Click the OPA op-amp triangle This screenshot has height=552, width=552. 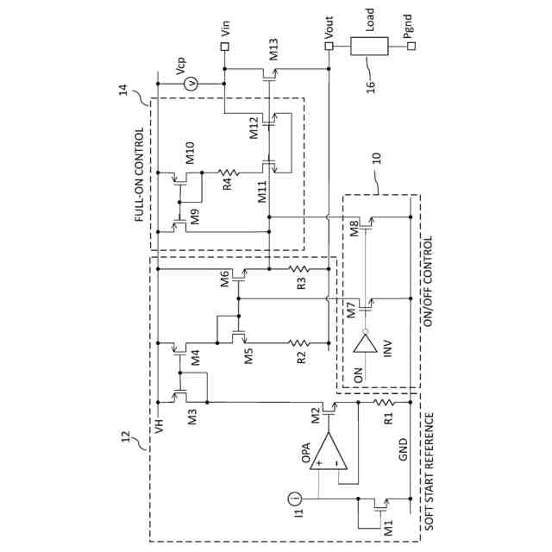pyautogui.click(x=329, y=451)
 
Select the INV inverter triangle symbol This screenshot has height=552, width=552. pyautogui.click(x=366, y=343)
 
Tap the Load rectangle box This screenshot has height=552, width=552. pyautogui.click(x=369, y=46)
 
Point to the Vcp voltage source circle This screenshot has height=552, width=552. pyautogui.click(x=191, y=84)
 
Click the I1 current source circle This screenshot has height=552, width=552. pyautogui.click(x=295, y=499)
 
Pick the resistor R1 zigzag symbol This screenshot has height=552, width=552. pyautogui.click(x=384, y=402)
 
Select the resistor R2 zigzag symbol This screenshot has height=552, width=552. pyautogui.click(x=299, y=342)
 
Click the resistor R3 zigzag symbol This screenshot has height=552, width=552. pyautogui.click(x=299, y=269)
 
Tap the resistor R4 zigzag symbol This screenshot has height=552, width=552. pyautogui.click(x=228, y=172)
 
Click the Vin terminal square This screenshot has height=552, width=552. pyautogui.click(x=224, y=47)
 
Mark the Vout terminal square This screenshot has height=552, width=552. pyautogui.click(x=329, y=46)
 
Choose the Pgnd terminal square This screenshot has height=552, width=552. pyautogui.click(x=411, y=46)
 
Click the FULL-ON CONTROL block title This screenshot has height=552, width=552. pyautogui.click(x=139, y=174)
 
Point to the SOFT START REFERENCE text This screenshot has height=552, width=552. pyautogui.click(x=430, y=472)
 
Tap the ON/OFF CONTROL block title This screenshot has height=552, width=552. pyautogui.click(x=428, y=281)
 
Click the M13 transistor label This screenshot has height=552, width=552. pyautogui.click(x=273, y=49)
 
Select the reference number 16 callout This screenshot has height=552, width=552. pyautogui.click(x=371, y=86)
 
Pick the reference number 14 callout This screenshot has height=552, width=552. pyautogui.click(x=123, y=90)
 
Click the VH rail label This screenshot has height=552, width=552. pyautogui.click(x=159, y=425)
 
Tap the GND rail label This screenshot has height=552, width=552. pyautogui.click(x=403, y=449)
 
